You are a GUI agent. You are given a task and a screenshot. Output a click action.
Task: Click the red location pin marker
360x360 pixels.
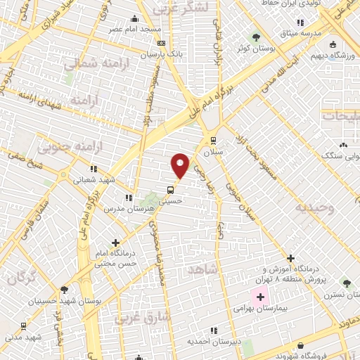(x=181, y=165)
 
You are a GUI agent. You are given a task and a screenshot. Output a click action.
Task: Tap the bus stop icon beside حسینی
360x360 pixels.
(x=171, y=190)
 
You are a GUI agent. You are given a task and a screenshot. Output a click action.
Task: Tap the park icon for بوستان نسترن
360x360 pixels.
(x=345, y=282)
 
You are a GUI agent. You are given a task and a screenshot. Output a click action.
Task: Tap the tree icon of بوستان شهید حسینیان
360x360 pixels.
(x=64, y=289)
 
